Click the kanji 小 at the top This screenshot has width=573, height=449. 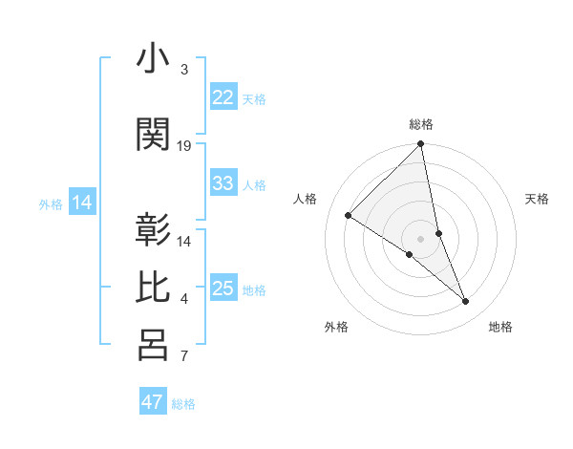153,60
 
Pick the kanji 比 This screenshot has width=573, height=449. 153,288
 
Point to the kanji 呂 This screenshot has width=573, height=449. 153,345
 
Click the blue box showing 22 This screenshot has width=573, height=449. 223,97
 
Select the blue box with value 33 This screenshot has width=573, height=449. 223,183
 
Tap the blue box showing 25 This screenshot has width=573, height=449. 223,289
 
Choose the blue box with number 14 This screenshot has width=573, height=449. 82,203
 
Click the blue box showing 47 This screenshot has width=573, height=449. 153,402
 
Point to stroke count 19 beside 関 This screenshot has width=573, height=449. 184,146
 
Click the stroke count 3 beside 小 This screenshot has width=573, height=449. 183,70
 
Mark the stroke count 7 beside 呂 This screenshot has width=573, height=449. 183,357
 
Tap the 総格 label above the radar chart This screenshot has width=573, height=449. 421,124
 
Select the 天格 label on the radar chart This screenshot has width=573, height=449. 537,199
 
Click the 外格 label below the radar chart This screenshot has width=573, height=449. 336,328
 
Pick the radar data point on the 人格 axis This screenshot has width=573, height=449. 349,215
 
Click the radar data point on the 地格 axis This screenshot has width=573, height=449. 466,301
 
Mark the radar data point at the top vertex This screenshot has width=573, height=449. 421,145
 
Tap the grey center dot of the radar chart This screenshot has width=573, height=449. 421,238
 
